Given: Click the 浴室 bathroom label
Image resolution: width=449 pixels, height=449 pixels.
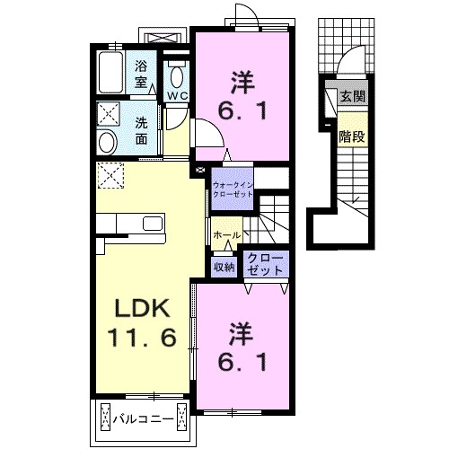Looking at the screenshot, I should pos(142,73).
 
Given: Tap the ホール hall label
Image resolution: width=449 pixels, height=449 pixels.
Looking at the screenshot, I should pos(224,235).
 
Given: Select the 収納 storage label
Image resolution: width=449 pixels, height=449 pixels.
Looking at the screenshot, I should pos(224,267).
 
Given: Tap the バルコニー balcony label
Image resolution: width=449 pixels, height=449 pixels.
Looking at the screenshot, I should pos(144,418).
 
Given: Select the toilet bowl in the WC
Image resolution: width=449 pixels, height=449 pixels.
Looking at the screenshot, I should pos(177,72).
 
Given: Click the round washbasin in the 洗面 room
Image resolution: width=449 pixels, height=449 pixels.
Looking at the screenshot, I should pos(108,142).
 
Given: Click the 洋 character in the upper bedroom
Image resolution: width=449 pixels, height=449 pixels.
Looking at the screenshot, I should pos(241,84).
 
